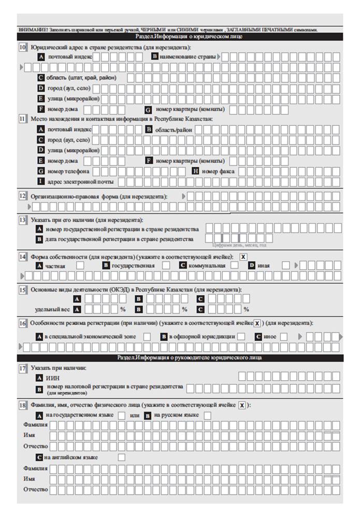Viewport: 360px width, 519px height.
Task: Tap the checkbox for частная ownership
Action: pos(80,266)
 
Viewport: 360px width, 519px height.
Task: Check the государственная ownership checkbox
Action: pos(166,266)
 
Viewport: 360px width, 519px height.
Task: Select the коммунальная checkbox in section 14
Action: pos(234,266)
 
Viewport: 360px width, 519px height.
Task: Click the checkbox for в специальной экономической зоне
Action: pos(147,337)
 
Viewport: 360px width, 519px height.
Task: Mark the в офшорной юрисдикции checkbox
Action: pos(241,337)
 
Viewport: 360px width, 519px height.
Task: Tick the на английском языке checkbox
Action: pos(121,457)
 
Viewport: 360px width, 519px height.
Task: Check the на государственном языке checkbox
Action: pos(121,415)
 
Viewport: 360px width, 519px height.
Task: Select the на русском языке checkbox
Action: pos(207,415)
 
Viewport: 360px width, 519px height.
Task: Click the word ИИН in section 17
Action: pos(53,378)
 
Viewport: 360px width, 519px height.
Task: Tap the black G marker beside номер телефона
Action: pos(40,171)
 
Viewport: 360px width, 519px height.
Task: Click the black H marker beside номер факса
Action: pos(196,171)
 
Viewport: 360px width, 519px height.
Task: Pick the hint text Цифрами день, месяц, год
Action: pos(242,246)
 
